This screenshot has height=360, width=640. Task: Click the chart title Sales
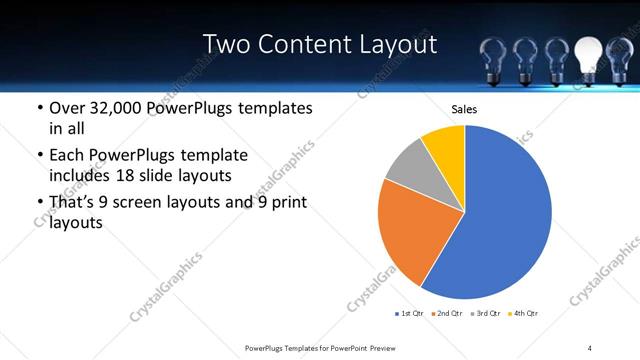(x=465, y=109)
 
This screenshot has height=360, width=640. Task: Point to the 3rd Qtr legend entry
(x=486, y=314)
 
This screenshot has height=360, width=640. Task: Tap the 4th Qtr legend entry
(x=523, y=314)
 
